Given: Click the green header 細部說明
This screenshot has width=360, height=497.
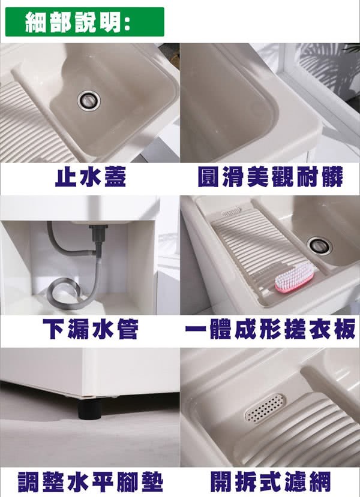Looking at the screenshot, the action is pyautogui.click(x=85, y=22).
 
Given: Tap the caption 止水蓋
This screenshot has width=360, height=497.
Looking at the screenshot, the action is pyautogui.click(x=91, y=176).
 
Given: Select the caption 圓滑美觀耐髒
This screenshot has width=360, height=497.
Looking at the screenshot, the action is pyautogui.click(x=270, y=176).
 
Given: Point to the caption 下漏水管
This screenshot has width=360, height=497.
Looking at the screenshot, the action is pyautogui.click(x=91, y=329).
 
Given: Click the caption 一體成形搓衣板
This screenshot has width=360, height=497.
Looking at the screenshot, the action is pyautogui.click(x=270, y=329).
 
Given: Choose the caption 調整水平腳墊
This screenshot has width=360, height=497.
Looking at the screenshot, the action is pyautogui.click(x=91, y=482).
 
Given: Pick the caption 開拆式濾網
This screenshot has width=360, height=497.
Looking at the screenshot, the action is pyautogui.click(x=270, y=482).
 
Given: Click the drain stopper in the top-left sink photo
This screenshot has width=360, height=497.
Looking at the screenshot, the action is pyautogui.click(x=89, y=101).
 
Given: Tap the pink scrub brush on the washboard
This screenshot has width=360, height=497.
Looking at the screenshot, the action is pyautogui.click(x=295, y=278).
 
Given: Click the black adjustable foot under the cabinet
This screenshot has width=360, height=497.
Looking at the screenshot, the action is pyautogui.click(x=90, y=408).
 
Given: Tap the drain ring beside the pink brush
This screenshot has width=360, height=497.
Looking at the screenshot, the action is pyautogui.click(x=319, y=246).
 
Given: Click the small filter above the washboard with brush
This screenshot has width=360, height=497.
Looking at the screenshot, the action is pyautogui.click(x=231, y=212).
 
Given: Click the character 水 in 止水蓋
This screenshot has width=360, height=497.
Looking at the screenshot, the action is pyautogui.click(x=91, y=176).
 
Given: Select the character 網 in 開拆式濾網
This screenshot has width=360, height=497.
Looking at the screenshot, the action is pyautogui.click(x=320, y=482).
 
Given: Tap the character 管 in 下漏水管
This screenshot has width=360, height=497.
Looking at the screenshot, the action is pyautogui.click(x=128, y=329).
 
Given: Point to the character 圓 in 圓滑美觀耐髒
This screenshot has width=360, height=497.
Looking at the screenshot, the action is pyautogui.click(x=208, y=176).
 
